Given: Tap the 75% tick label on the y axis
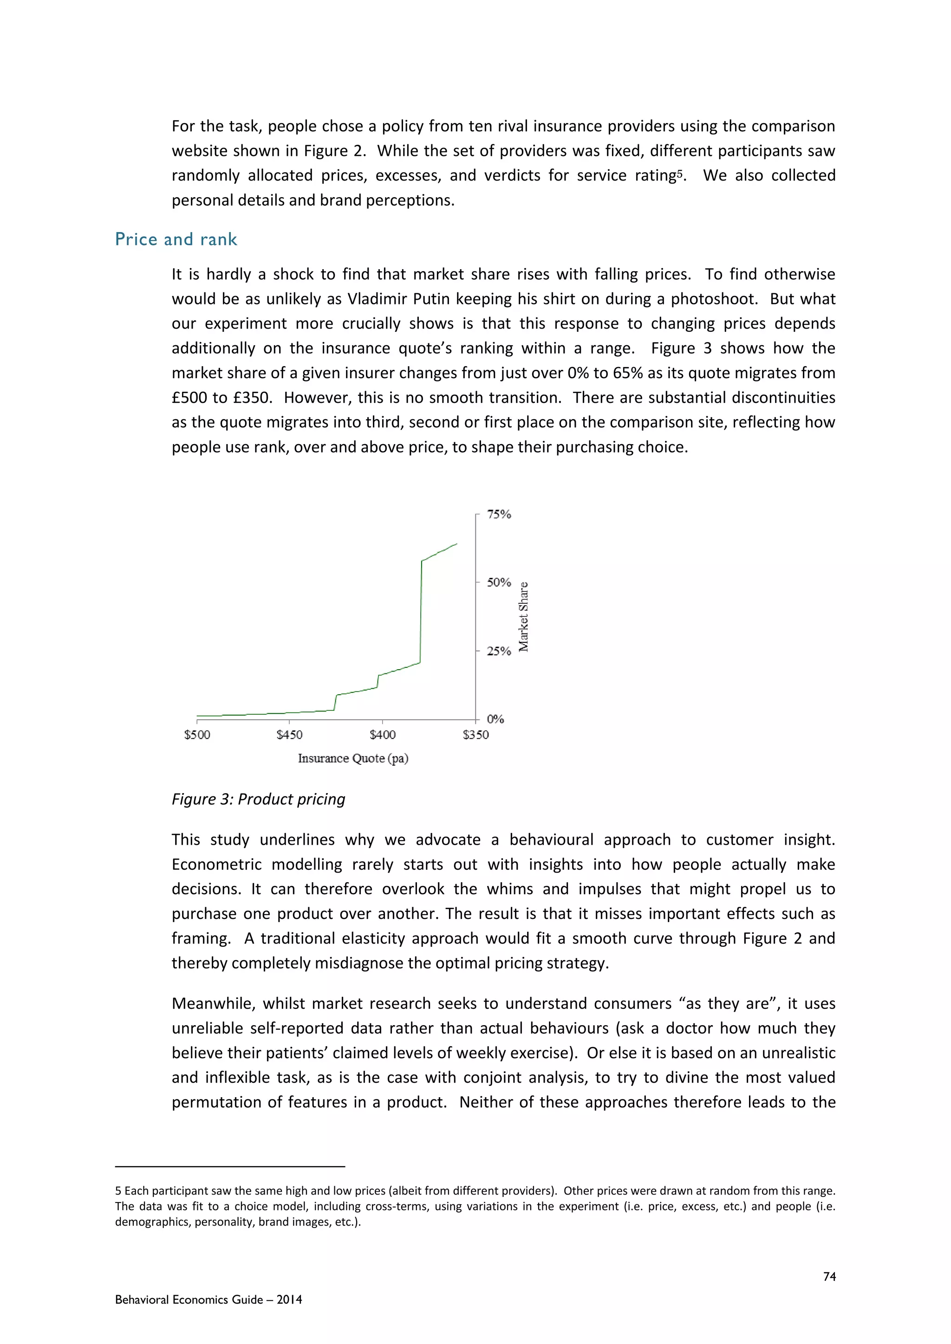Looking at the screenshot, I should coord(499,515).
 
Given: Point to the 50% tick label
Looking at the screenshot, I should coord(499,582).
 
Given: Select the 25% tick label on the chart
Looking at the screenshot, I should coord(499,651).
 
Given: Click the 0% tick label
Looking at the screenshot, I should coord(495,719).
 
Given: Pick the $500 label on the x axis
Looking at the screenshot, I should coord(197,735).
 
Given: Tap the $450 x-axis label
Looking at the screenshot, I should coord(289,735).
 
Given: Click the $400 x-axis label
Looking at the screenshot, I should coord(382,735).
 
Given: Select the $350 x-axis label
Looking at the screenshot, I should coord(475,735).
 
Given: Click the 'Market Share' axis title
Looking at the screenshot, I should coord(523,617).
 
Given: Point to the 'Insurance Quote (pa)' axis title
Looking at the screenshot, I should coord(353,759).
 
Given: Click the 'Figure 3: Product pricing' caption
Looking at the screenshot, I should coord(258,799).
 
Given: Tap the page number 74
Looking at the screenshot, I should coord(829,1277).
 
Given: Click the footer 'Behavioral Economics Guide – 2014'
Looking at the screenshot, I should coord(208,1299).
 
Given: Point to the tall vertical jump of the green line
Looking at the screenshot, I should coord(420,612).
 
